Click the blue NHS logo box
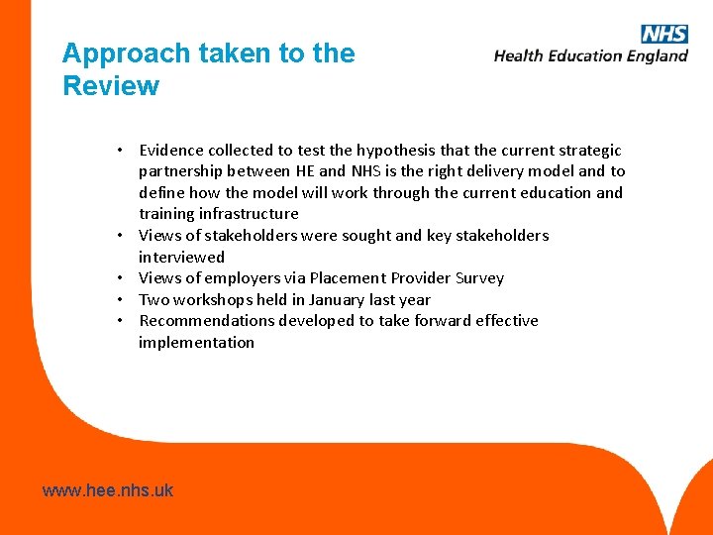tap(664, 35)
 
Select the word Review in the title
tap(110, 86)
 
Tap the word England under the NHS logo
tap(655, 56)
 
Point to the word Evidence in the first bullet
tap(171, 151)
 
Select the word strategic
tap(587, 151)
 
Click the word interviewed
tap(181, 257)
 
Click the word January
tap(340, 300)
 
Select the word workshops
tap(214, 300)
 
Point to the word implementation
tap(196, 343)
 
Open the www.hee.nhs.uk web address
tap(108, 490)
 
